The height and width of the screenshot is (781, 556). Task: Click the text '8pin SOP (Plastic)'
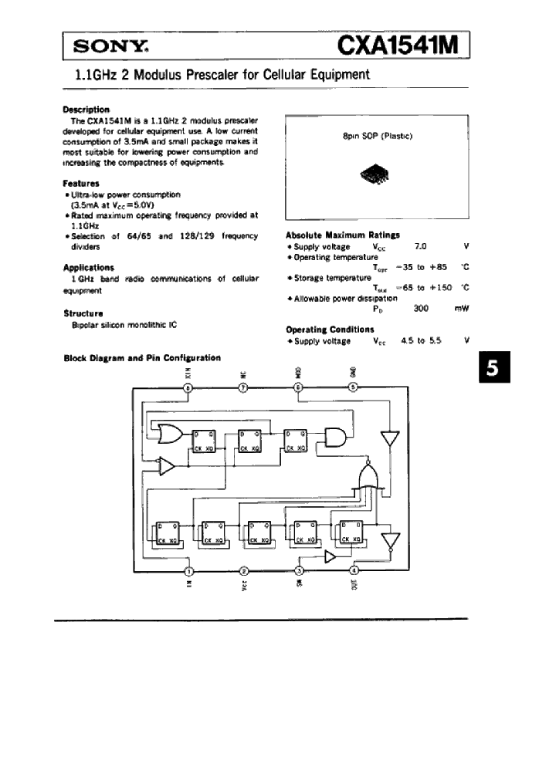tap(377, 136)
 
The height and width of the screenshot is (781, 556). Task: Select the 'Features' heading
tap(81, 184)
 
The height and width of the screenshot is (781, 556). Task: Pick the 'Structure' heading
tap(83, 314)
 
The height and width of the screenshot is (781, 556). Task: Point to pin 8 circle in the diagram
tap(188, 387)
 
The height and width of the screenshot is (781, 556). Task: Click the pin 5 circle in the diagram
tap(354, 387)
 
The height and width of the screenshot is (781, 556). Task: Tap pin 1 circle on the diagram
tap(188, 571)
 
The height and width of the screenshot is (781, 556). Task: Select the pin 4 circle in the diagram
tap(354, 571)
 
